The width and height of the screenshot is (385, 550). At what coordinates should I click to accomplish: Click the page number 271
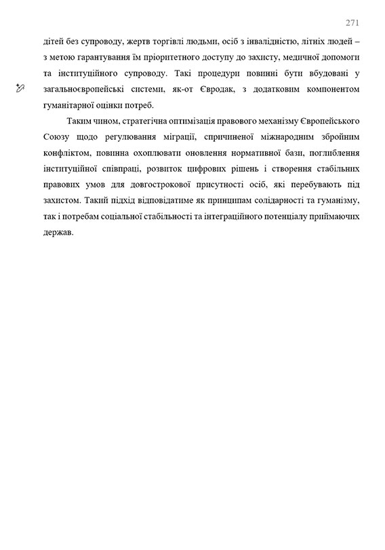pos(352,22)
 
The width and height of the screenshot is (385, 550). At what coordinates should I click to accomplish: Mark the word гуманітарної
pos(69,104)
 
